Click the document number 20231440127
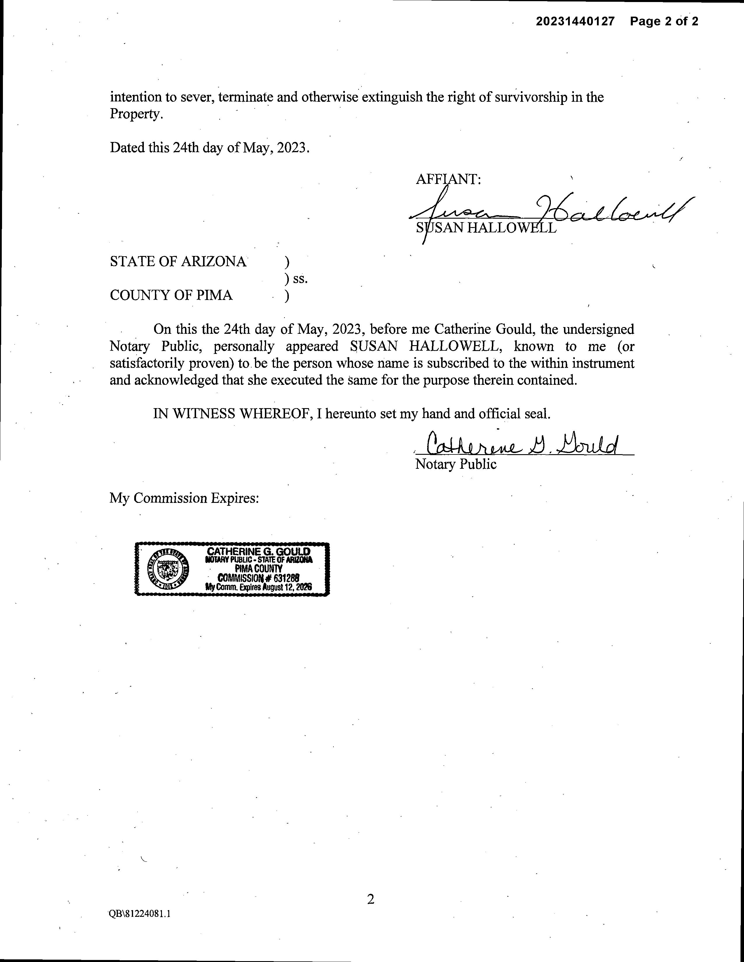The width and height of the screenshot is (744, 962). click(575, 21)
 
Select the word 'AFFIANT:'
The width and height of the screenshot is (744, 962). click(448, 179)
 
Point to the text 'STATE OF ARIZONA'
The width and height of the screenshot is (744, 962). click(178, 262)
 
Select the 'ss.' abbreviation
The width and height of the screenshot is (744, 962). click(300, 278)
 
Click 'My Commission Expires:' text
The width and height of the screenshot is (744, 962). click(184, 498)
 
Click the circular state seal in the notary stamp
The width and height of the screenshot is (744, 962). click(167, 569)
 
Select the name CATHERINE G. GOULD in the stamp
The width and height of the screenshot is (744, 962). click(259, 552)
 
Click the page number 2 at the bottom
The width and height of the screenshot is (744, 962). click(371, 899)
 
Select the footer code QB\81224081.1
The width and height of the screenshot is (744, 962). click(140, 914)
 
